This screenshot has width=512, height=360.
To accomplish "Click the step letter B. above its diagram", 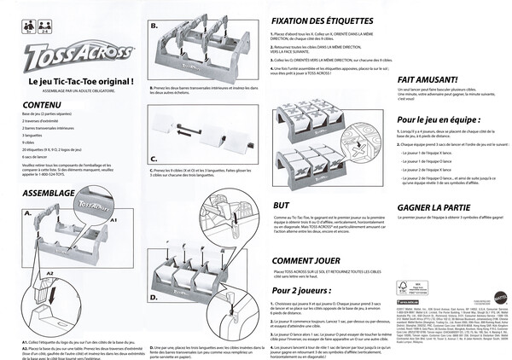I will pos(154,26).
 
